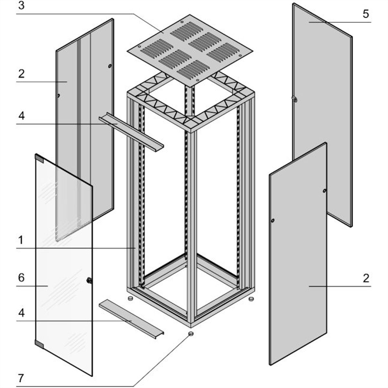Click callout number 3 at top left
pyautogui.click(x=21, y=6)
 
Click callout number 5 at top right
pyautogui.click(x=365, y=14)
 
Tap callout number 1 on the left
pyautogui.click(x=21, y=240)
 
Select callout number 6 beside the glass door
pyautogui.click(x=21, y=278)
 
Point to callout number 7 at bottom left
pyautogui.click(x=21, y=378)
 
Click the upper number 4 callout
pyautogui.click(x=21, y=115)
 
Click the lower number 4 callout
pyautogui.click(x=21, y=313)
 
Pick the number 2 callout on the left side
pyautogui.click(x=21, y=74)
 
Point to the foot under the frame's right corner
pyautogui.click(x=251, y=299)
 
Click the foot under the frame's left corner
pyautogui.click(x=131, y=298)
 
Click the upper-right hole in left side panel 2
pyautogui.click(x=110, y=67)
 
